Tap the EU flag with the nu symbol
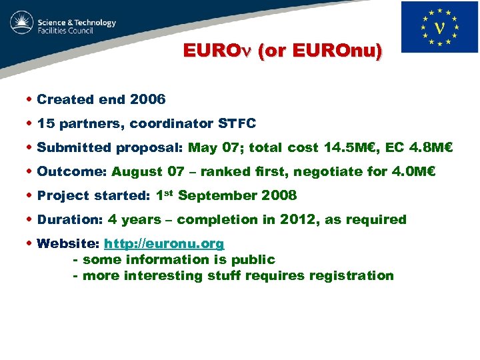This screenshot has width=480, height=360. point(439,27)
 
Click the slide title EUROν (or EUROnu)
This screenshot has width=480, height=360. point(283,51)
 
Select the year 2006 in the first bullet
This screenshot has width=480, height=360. point(148,99)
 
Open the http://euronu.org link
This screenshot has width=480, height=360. point(164,243)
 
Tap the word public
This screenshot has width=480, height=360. point(253,259)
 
